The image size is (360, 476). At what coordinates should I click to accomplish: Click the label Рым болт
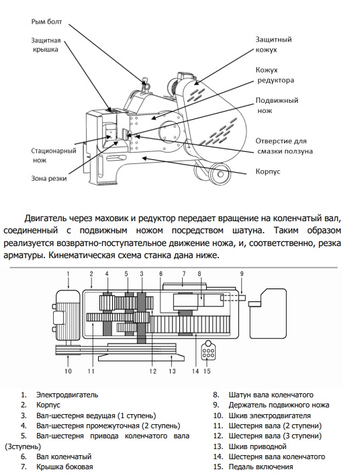[46, 22]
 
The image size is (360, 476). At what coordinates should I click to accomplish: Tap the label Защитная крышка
[46, 45]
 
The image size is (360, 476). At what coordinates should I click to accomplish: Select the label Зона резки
[49, 178]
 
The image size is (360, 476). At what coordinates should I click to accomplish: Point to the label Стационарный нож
[54, 155]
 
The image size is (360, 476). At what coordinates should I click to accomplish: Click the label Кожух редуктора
[275, 75]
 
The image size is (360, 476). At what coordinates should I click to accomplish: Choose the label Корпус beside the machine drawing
[268, 171]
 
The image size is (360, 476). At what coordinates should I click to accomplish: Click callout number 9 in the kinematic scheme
[242, 274]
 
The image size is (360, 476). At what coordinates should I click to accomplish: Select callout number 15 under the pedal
[207, 371]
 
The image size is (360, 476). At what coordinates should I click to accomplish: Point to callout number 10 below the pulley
[68, 371]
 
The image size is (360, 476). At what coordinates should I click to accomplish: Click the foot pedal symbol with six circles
[208, 350]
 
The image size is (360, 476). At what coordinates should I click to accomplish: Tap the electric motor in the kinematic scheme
[66, 316]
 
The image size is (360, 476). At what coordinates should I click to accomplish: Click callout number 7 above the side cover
[184, 274]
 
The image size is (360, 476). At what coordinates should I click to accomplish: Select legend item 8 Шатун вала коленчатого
[263, 395]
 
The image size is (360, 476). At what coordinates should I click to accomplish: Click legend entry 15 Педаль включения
[253, 467]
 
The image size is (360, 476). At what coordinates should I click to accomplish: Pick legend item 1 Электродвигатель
[60, 395]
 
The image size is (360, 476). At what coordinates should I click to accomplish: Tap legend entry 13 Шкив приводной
[250, 446]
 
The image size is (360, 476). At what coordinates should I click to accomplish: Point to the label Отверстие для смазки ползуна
[284, 146]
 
